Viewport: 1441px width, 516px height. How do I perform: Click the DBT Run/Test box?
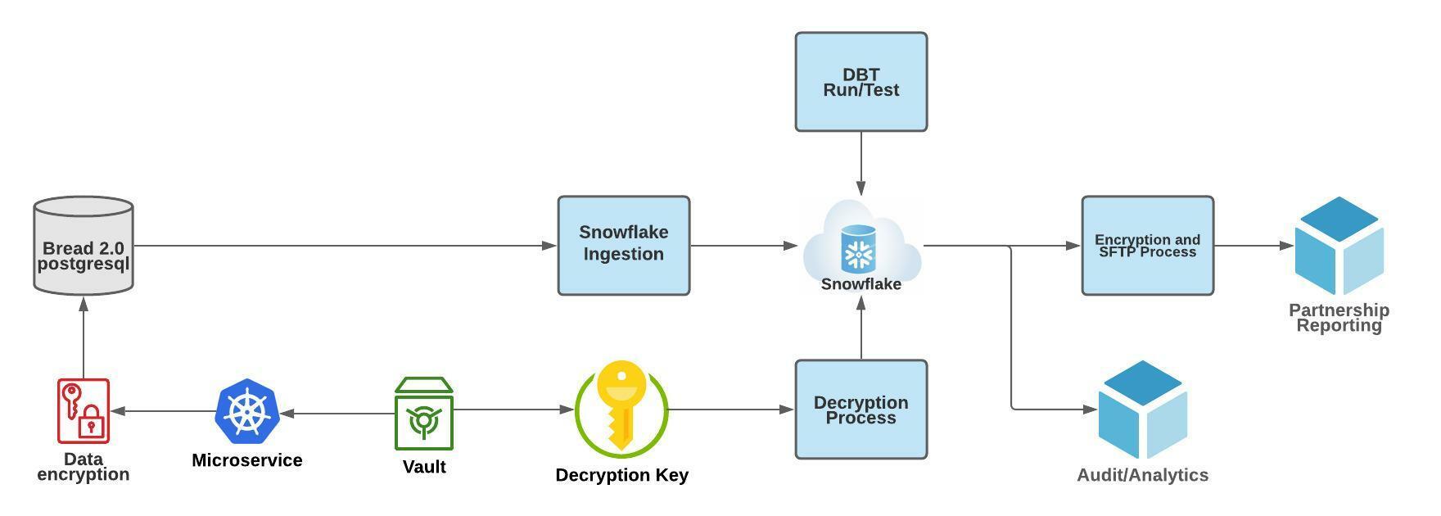[x=861, y=82]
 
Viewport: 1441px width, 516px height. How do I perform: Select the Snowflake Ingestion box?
[x=623, y=245]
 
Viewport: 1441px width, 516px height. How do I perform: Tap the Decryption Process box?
[x=861, y=409]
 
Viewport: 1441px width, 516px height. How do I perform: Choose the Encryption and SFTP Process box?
[x=1147, y=245]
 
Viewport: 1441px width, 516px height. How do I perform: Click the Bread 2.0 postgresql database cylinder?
[x=84, y=245]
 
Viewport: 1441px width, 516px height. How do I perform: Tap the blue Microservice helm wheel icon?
[x=246, y=411]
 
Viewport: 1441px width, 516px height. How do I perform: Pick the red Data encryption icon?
[x=84, y=410]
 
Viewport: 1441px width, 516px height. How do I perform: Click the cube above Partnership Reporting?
[x=1339, y=245]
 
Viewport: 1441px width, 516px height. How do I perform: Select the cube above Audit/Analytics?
[x=1142, y=409]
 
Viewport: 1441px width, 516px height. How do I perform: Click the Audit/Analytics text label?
[x=1142, y=475]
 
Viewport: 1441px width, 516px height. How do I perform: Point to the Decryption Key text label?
[x=621, y=475]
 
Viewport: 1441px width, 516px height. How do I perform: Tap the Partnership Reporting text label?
[x=1339, y=318]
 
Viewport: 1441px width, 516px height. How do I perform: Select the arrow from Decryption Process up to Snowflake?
[x=861, y=328]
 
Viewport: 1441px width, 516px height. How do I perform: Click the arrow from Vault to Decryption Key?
[x=513, y=410]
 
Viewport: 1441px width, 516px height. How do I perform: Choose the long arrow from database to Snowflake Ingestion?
[x=344, y=245]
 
